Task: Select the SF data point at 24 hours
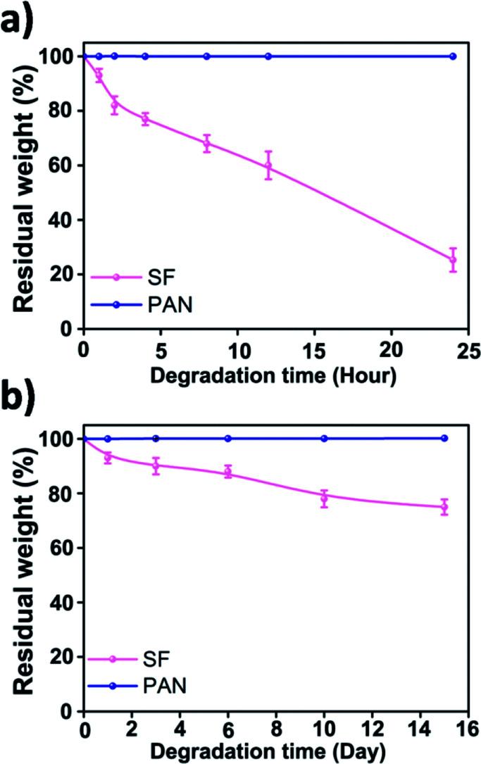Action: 453,260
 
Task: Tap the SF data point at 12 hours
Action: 268,165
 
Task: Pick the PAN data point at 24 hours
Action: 453,56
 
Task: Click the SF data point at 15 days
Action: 444,507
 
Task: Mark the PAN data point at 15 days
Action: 444,438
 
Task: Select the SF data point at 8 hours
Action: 206,144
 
